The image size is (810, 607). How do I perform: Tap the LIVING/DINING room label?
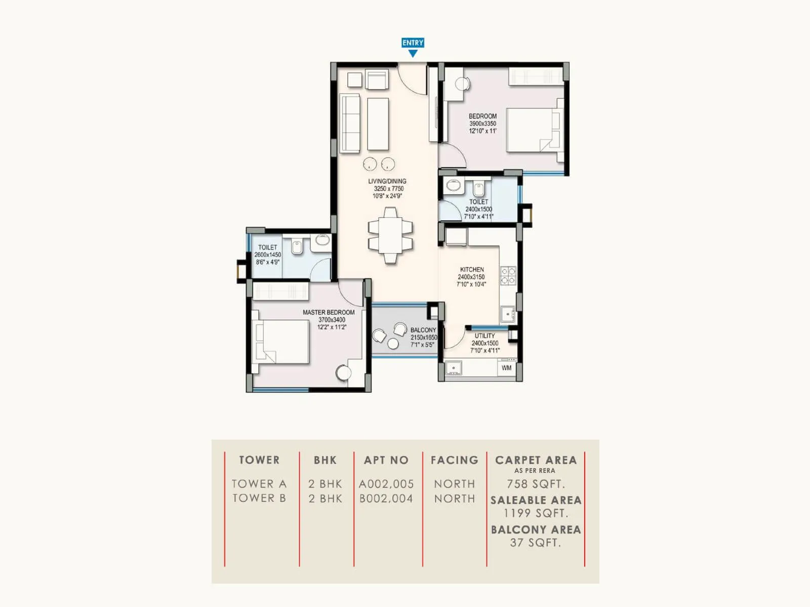(387, 181)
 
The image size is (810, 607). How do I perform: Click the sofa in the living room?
(350, 123)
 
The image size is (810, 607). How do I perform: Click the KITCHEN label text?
(472, 270)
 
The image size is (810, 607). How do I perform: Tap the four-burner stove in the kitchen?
(508, 276)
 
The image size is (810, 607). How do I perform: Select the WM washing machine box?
(507, 368)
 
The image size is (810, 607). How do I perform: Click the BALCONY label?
(423, 330)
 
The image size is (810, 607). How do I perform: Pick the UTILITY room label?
(484, 336)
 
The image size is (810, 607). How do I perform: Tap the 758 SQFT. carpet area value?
(536, 484)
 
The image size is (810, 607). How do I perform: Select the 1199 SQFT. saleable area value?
(536, 513)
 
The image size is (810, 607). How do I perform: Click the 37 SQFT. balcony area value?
(536, 543)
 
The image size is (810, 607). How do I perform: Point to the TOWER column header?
(259, 460)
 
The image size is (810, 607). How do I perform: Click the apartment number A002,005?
(386, 484)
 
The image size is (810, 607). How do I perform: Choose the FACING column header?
(454, 460)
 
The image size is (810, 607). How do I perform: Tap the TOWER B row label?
(259, 498)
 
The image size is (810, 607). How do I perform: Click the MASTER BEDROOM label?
(329, 313)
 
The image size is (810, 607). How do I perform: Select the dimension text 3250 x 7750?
(388, 189)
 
